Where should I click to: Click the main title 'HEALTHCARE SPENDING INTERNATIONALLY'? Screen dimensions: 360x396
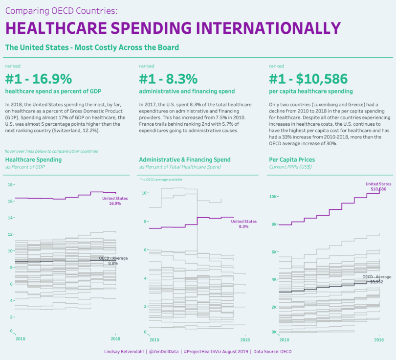click(x=173, y=28)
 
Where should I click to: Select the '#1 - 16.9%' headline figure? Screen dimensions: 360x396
click(x=39, y=79)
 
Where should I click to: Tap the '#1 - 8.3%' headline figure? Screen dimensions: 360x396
click(x=168, y=79)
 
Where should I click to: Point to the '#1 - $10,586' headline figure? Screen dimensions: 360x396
click(x=308, y=79)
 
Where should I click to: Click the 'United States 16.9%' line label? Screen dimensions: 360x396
click(x=115, y=201)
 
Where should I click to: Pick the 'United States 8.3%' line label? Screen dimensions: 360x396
click(x=243, y=224)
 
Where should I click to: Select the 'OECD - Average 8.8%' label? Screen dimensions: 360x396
click(x=113, y=261)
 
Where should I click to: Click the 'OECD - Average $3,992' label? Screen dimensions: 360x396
click(x=376, y=279)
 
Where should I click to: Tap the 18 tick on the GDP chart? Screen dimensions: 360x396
click(x=11, y=184)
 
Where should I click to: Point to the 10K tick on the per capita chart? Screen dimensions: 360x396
click(x=274, y=197)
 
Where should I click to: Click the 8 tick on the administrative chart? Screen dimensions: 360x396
click(x=145, y=222)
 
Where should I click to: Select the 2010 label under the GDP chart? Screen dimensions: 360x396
click(x=21, y=338)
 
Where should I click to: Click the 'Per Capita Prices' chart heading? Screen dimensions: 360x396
click(x=292, y=159)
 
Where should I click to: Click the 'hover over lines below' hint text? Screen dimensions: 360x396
click(x=51, y=151)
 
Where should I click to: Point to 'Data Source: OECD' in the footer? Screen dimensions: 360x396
click(x=272, y=351)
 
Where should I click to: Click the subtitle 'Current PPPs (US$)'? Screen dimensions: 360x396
click(x=290, y=167)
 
